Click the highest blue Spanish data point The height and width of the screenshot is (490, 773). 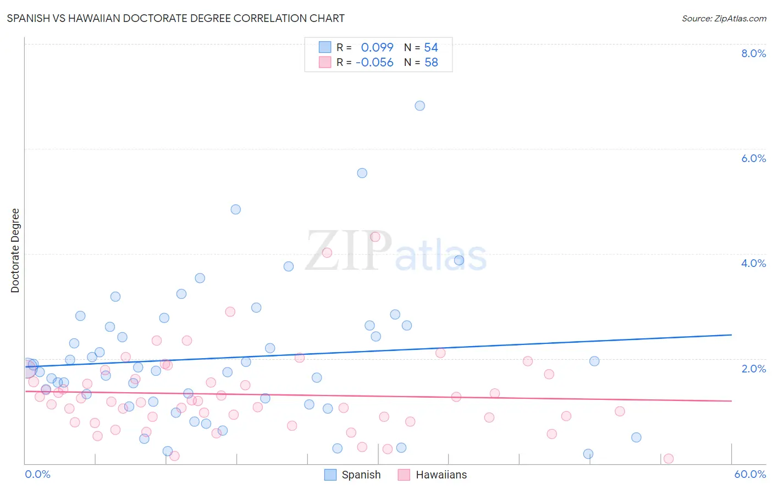pos(419,105)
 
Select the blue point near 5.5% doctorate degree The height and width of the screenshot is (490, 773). pos(362,173)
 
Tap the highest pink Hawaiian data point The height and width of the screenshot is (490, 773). pos(376,237)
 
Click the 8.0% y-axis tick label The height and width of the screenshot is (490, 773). pos(753,53)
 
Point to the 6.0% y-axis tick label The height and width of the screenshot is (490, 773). pos(753,158)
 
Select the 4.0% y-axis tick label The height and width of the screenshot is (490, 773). pos(753,263)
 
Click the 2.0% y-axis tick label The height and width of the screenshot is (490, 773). pos(753,369)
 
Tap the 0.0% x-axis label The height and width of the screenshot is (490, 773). pos(37,474)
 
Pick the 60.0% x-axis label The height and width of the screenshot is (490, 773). pos(749,474)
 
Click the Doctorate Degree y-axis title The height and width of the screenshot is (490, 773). pos(15,250)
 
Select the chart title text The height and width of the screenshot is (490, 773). pos(176,18)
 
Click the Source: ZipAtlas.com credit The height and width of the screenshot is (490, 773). pos(724,18)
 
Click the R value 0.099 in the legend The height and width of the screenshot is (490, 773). pos(377,48)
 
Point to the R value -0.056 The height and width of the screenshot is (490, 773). pos(374,63)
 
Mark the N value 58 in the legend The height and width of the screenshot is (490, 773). pos(431,63)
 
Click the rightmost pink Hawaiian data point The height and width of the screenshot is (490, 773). pos(669,459)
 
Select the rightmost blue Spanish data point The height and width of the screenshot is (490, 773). pos(636,437)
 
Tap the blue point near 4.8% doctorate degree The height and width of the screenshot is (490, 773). pos(235,209)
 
